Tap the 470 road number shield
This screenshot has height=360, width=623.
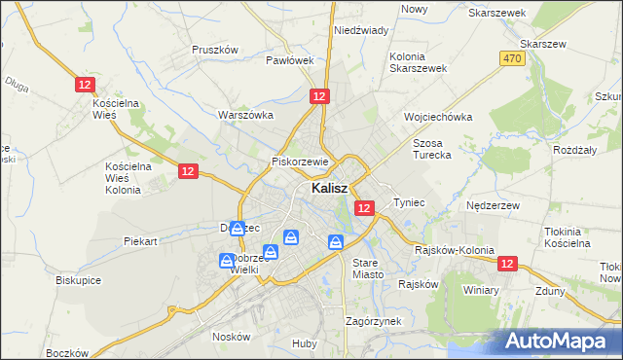[x=513, y=59]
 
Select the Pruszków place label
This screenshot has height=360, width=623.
[x=215, y=50]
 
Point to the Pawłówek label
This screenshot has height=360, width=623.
[x=290, y=59]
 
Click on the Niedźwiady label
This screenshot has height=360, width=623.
[x=361, y=30]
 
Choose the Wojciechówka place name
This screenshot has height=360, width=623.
[x=438, y=117]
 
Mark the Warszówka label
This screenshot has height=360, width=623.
[x=245, y=115]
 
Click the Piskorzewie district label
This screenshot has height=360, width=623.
[x=303, y=162]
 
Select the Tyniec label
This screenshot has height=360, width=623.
[x=409, y=202]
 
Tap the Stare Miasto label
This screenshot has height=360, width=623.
[x=369, y=269]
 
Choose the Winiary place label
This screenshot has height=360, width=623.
[x=481, y=290]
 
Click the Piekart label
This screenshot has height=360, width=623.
[x=140, y=240]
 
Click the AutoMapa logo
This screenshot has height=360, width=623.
[x=559, y=341]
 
